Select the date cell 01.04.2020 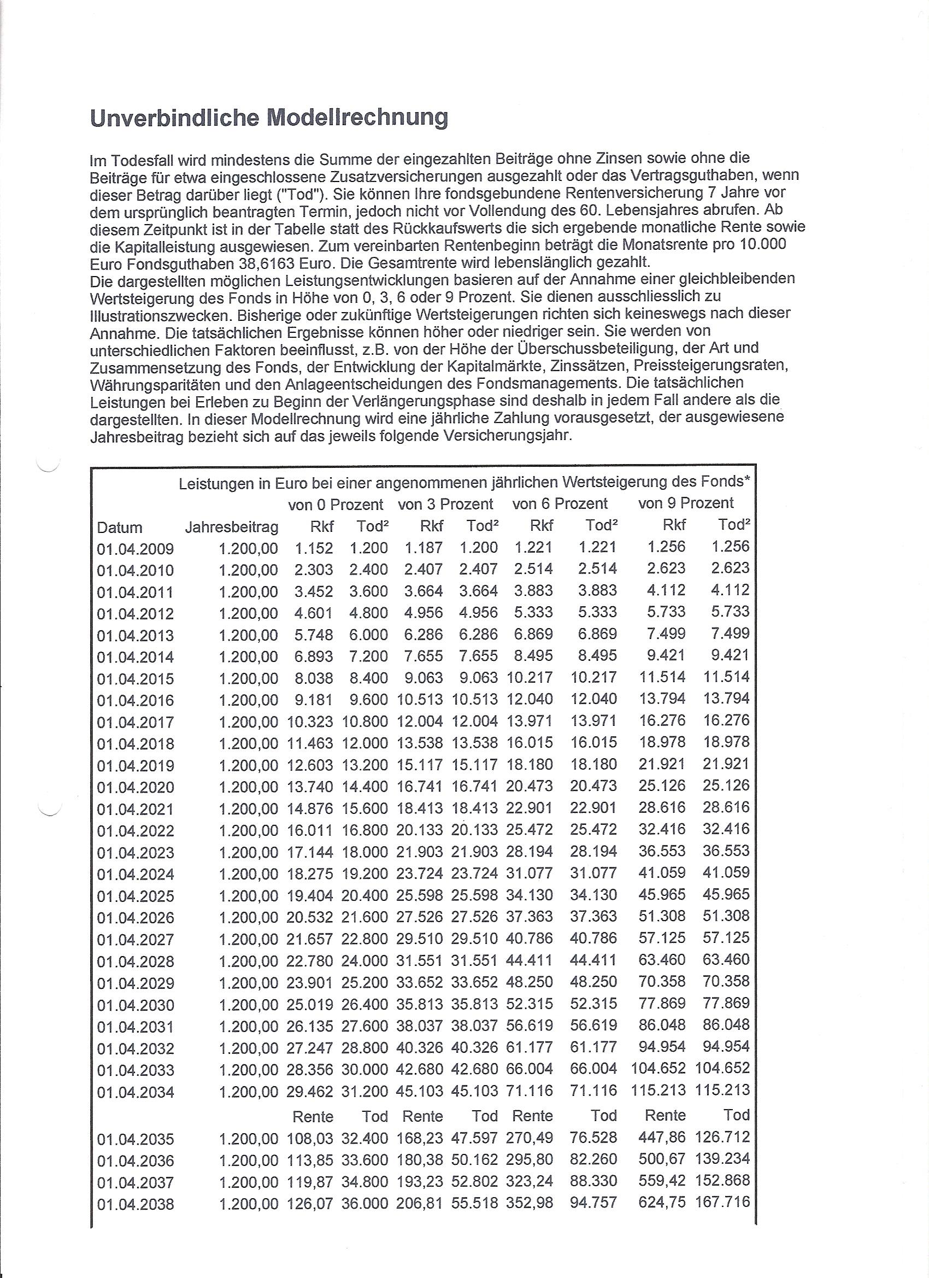click(135, 787)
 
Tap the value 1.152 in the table click(314, 548)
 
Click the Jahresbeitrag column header click(232, 527)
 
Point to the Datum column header click(120, 528)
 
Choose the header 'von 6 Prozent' click(560, 503)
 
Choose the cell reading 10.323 click(310, 722)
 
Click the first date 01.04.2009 click(135, 549)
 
